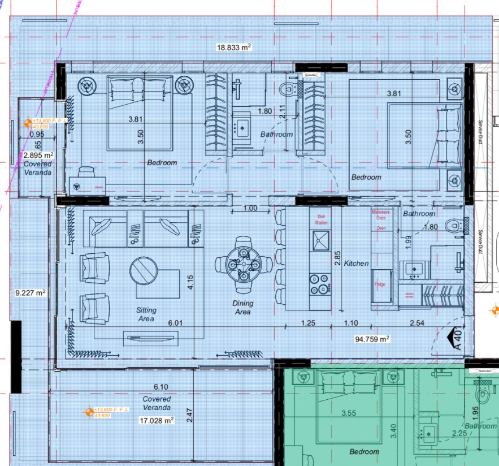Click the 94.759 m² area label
point(372,339)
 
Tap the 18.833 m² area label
point(233,48)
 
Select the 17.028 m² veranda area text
point(156,420)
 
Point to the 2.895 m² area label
point(38,155)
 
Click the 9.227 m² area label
point(30,292)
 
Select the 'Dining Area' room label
point(243,308)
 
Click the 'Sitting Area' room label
point(146,314)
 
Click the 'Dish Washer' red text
point(321,219)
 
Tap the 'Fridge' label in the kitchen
point(379,284)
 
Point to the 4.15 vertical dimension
point(191,282)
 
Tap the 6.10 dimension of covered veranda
point(161,387)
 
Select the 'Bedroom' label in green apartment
point(364,451)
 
